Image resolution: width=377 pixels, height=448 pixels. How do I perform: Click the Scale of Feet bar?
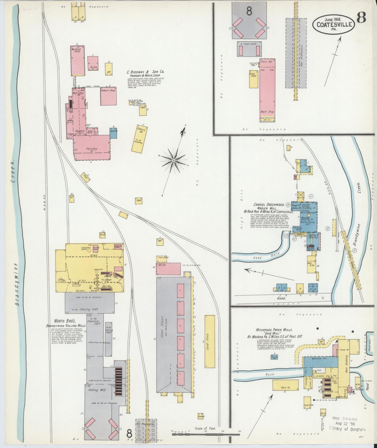[x=206, y=434]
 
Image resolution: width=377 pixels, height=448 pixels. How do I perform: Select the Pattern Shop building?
[x=108, y=96]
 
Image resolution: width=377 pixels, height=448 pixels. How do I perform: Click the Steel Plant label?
[x=162, y=324]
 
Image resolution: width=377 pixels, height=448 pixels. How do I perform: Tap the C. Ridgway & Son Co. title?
[x=146, y=72]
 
